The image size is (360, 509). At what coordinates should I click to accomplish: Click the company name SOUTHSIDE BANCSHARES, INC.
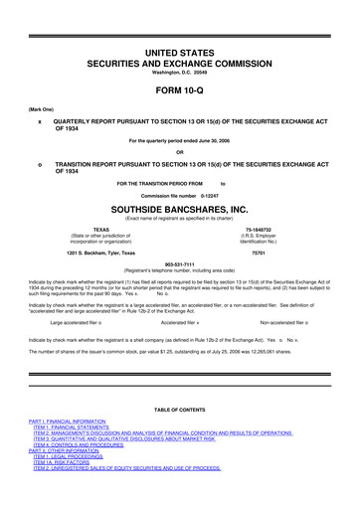tap(179, 211)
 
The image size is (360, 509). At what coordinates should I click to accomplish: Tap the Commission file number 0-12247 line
tap(179, 197)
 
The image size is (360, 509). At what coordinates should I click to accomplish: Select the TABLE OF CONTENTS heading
tap(179, 437)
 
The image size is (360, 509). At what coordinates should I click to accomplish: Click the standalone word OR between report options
tap(179, 152)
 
